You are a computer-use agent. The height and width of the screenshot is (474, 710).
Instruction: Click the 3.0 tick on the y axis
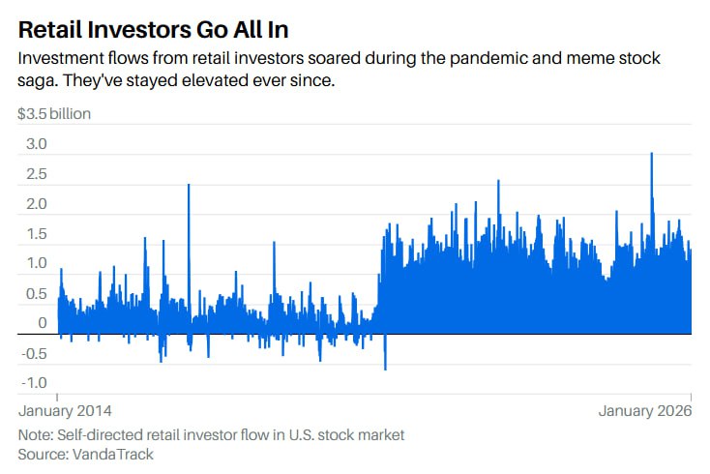[x=36, y=144]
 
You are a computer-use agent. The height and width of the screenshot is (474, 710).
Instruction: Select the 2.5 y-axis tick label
[x=36, y=174]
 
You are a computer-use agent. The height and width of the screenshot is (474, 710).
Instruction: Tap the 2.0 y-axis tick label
[x=36, y=204]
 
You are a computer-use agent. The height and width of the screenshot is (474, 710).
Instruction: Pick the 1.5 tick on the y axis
[x=36, y=234]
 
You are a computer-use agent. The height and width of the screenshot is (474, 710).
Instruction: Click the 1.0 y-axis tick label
[x=36, y=263]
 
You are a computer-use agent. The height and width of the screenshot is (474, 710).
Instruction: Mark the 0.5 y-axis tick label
[x=36, y=293]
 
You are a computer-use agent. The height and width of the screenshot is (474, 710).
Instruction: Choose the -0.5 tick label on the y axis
[x=34, y=353]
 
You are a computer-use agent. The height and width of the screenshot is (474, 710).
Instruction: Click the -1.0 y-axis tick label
[x=34, y=383]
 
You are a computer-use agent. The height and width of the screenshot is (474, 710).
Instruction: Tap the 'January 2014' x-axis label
[x=64, y=411]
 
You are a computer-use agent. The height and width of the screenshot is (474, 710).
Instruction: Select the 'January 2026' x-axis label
[x=645, y=411]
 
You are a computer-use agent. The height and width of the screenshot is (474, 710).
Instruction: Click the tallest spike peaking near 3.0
[x=652, y=155]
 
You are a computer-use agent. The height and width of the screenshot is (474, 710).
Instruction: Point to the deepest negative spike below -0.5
[x=385, y=366]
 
